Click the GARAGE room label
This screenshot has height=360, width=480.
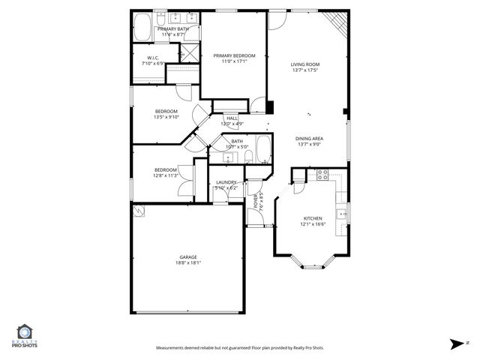[x=188, y=256]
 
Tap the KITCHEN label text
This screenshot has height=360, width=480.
[x=312, y=218]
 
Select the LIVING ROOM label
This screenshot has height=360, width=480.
[x=305, y=64]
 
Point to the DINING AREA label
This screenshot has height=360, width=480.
[x=309, y=138]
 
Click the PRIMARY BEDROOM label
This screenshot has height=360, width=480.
[x=234, y=55]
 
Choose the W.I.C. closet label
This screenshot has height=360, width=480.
[x=152, y=58]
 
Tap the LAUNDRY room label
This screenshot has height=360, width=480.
[x=226, y=182]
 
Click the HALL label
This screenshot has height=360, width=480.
[x=232, y=118]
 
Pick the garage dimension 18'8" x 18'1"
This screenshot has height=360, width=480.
[x=188, y=263]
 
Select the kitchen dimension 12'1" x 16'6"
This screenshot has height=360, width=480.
[x=312, y=224]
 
